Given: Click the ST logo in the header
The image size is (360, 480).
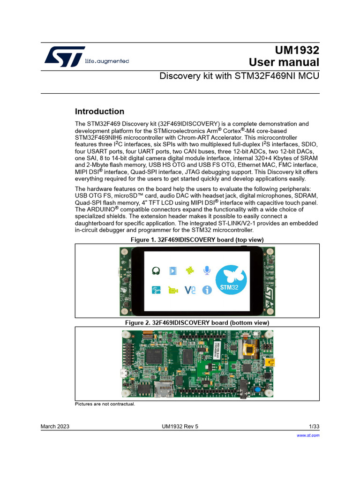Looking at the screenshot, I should pyautogui.click(x=65, y=56).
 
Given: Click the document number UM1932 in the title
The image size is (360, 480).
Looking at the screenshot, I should pyautogui.click(x=298, y=50).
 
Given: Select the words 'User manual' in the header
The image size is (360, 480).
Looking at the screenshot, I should pyautogui.click(x=284, y=62).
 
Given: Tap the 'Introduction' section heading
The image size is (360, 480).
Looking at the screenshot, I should pyautogui.click(x=99, y=112).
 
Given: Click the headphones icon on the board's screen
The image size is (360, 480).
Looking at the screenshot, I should pyautogui.click(x=157, y=270).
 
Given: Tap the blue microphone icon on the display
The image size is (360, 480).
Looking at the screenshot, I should pyautogui.click(x=206, y=270).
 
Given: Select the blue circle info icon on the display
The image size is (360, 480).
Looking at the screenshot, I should pyautogui.click(x=207, y=290).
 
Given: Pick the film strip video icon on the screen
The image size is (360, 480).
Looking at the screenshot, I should pyautogui.click(x=173, y=270).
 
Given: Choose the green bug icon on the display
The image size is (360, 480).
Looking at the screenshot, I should pyautogui.click(x=190, y=270).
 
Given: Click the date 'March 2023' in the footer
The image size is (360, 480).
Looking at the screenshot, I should pyautogui.click(x=55, y=426).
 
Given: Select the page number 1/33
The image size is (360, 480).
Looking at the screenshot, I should pyautogui.click(x=314, y=426).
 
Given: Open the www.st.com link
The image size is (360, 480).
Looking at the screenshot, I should pyautogui.click(x=308, y=435).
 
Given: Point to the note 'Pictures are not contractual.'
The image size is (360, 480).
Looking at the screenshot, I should pyautogui.click(x=105, y=404).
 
